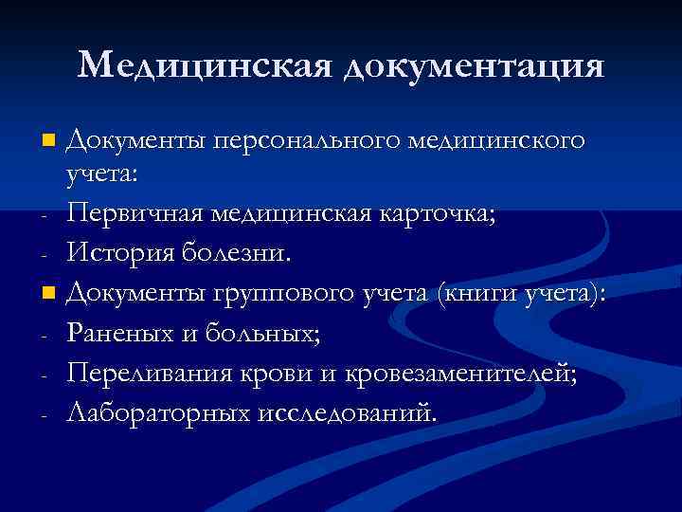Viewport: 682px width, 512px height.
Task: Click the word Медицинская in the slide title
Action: [204, 64]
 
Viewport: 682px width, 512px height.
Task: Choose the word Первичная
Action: [137, 214]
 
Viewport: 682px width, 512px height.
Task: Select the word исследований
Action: [345, 411]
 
